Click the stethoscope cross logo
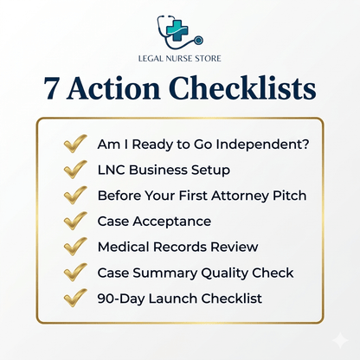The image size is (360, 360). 179,33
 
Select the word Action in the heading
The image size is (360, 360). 117,90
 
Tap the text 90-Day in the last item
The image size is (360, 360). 120,299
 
